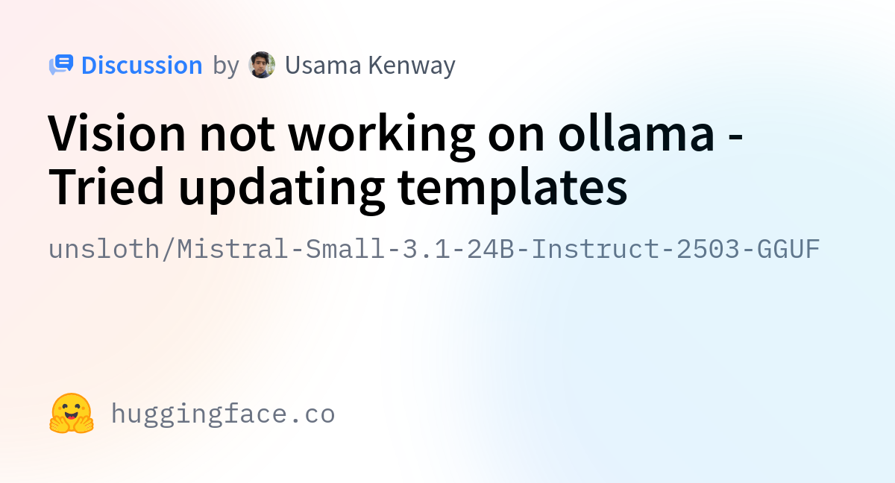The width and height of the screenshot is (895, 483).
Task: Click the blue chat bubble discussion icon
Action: point(61,65)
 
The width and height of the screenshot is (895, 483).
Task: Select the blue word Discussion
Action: point(142,65)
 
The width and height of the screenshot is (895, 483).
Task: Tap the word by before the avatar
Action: point(226,66)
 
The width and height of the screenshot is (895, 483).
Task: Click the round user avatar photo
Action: point(262,65)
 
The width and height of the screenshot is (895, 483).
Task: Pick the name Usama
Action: point(323,65)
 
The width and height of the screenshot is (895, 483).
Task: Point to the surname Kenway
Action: point(412,66)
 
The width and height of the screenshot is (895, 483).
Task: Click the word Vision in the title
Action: point(116,133)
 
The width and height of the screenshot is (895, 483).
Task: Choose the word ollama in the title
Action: point(636,132)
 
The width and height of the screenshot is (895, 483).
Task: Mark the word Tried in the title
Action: point(106,186)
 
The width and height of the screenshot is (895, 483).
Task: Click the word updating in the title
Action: point(282,190)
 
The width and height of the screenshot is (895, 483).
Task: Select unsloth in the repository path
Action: point(104,249)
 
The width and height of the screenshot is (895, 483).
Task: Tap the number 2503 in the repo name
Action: point(708,249)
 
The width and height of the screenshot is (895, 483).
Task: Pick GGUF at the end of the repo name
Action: point(788,249)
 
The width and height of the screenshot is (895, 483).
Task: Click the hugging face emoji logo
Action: point(72,413)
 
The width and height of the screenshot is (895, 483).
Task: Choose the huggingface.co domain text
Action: point(223,414)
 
